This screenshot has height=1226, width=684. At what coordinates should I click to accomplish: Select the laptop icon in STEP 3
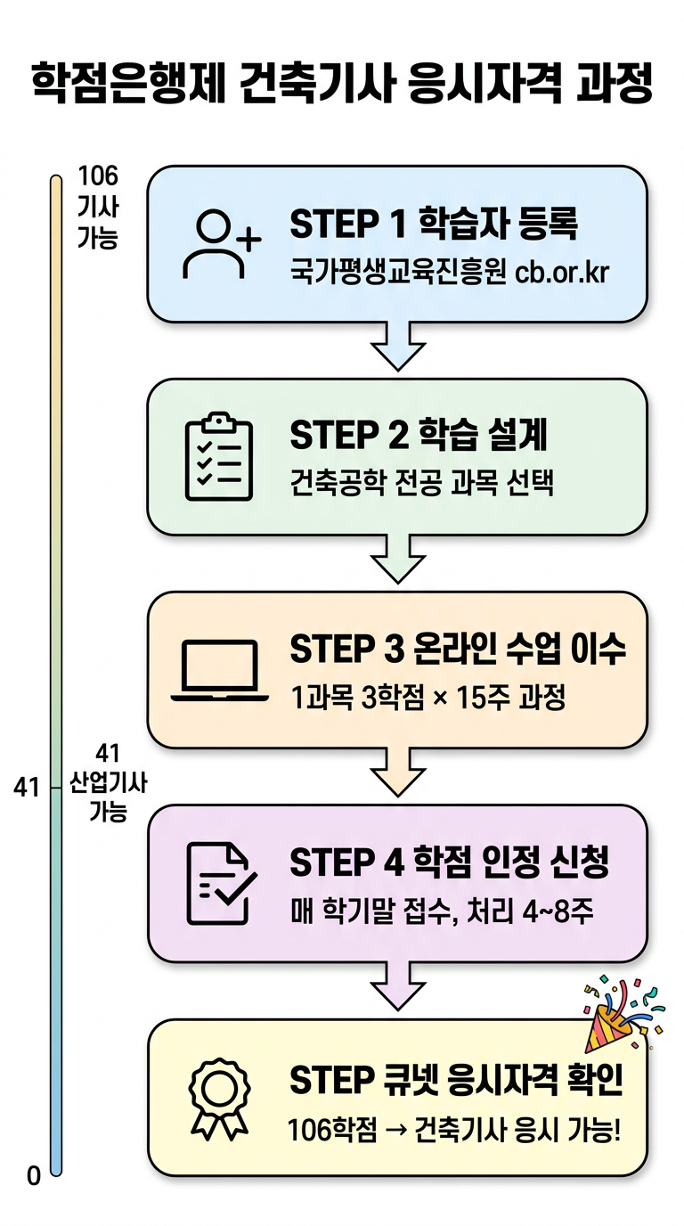(x=219, y=670)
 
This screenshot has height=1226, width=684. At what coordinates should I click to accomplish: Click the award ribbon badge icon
(x=219, y=1098)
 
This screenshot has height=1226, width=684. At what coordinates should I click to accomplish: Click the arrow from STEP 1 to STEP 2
(x=397, y=347)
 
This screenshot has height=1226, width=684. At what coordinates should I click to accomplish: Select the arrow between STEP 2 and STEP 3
(x=397, y=560)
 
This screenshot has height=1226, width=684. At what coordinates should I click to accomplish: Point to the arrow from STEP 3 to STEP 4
(x=397, y=772)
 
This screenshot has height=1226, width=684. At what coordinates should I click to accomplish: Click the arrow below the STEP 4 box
(x=397, y=986)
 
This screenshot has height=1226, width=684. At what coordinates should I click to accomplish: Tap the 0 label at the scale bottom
(x=34, y=1176)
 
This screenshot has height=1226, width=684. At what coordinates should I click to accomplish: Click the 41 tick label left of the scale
(x=28, y=788)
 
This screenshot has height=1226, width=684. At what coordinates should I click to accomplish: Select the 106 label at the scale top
(x=98, y=176)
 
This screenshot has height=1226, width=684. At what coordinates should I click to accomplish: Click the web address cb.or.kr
(x=562, y=272)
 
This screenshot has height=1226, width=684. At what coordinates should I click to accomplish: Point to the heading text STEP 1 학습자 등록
(x=434, y=225)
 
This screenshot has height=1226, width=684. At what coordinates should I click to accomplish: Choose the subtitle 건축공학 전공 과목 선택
(x=422, y=485)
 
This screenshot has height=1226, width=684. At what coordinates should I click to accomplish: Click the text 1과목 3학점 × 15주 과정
(x=427, y=698)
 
